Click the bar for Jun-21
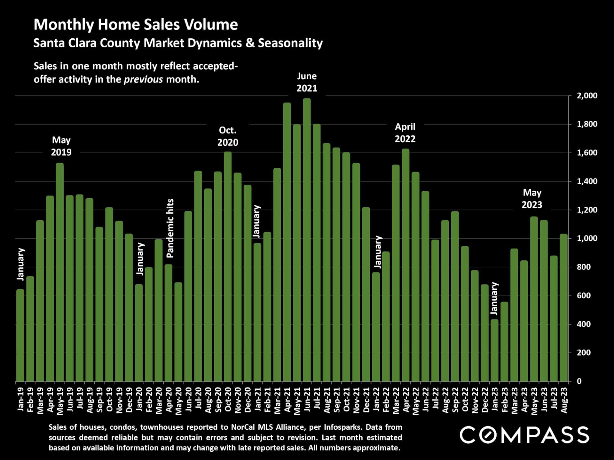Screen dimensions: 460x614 click(307, 240)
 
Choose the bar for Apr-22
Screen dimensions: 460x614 click(405, 265)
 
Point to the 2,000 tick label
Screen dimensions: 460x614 click(587, 96)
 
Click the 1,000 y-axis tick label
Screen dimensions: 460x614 click(587, 239)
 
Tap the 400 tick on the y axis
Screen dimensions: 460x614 click(584, 324)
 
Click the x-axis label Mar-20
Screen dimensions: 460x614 click(159, 401)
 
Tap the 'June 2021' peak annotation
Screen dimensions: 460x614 click(307, 82)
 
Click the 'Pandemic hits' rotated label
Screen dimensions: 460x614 click(170, 228)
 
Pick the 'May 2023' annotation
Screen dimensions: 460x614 click(532, 199)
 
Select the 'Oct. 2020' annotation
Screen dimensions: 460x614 click(228, 136)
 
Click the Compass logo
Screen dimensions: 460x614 click(524, 435)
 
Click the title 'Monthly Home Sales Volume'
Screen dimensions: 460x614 click(136, 25)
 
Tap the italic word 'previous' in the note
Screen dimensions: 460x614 click(143, 80)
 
